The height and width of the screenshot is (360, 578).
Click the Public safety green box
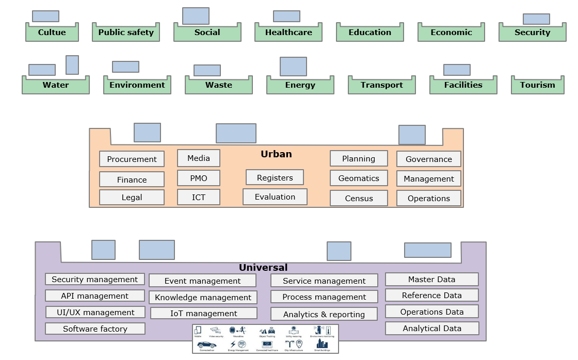[126, 32]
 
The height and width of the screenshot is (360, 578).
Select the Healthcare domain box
[288, 32]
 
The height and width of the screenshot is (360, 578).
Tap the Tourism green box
[537, 85]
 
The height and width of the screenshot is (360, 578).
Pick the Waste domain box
[219, 85]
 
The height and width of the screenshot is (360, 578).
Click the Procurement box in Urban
[132, 159]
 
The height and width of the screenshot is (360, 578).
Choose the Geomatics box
[359, 178]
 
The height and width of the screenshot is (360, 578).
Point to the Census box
[359, 198]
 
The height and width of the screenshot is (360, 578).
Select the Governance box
[428, 159]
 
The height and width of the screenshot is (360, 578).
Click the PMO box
[199, 178]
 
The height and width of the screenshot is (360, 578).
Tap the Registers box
[275, 177]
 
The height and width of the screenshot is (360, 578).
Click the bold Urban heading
[276, 154]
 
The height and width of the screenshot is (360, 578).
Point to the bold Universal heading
[263, 268]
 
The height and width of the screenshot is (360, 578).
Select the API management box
[95, 296]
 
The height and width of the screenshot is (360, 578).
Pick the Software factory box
[95, 329]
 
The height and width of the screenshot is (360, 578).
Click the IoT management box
[203, 313]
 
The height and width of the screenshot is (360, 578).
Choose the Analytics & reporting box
[324, 314]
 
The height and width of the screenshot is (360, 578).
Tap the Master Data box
[431, 280]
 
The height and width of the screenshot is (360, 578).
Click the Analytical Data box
[431, 329]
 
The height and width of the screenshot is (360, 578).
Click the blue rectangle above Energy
[293, 67]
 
